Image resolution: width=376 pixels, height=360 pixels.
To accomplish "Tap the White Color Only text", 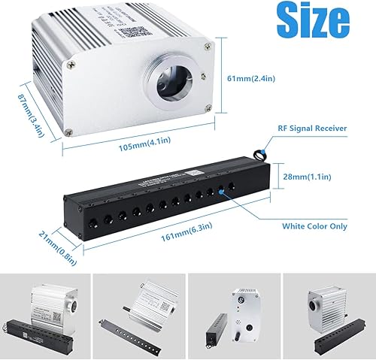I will (314, 225).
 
